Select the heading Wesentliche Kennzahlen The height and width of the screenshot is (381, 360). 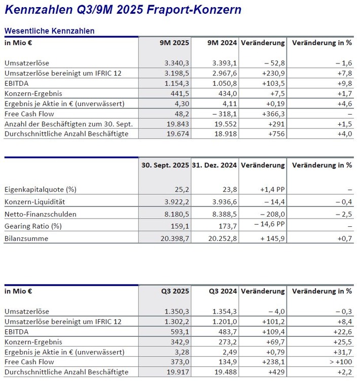[x=49, y=31]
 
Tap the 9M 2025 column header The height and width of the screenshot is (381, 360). [x=174, y=43]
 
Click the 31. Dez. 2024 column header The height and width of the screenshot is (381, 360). [x=215, y=165]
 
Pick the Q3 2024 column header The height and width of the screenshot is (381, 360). [x=223, y=291]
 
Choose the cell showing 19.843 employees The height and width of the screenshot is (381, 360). [x=178, y=124]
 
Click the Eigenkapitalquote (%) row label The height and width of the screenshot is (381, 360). [x=40, y=190]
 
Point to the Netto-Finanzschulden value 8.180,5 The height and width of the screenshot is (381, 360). [x=176, y=214]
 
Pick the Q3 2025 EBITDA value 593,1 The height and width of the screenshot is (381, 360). [x=179, y=332]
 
